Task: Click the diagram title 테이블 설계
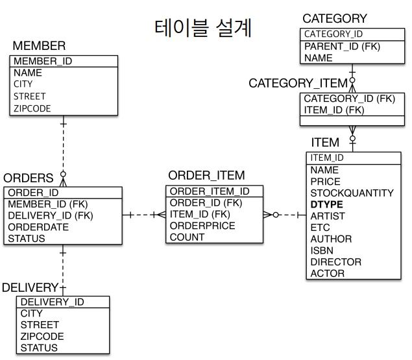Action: point(203,29)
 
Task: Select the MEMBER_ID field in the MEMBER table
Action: point(43,62)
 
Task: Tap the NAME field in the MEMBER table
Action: point(27,73)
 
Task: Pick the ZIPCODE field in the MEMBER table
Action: point(32,108)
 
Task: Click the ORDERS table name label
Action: point(28,178)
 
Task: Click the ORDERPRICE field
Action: point(202,226)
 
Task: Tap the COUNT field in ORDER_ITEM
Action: point(187,237)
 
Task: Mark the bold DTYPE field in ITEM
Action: point(327,204)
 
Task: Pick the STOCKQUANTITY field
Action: point(352,193)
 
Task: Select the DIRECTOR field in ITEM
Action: point(335,262)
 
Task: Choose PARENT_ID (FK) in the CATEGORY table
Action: point(342,46)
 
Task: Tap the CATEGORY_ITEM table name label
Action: point(298,83)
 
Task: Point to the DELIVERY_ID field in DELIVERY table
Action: point(52,302)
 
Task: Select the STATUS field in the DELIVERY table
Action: point(39,348)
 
